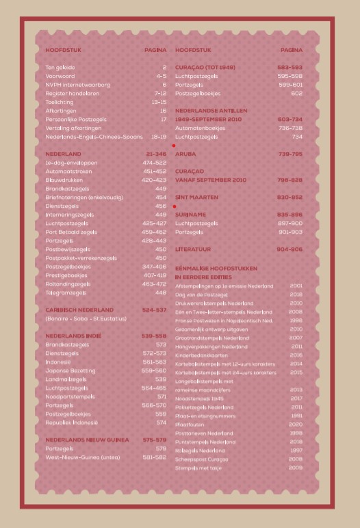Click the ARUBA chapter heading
pos(185,154)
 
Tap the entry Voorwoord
pos(60,76)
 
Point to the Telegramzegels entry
pos(66,292)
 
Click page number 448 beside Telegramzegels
pos(161,292)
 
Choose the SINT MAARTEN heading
pos(197,197)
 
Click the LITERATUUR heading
pos(194,249)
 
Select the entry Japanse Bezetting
pos(70,371)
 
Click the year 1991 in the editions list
pos(296,415)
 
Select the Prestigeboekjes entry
pos(67,275)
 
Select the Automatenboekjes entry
pos(201,127)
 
